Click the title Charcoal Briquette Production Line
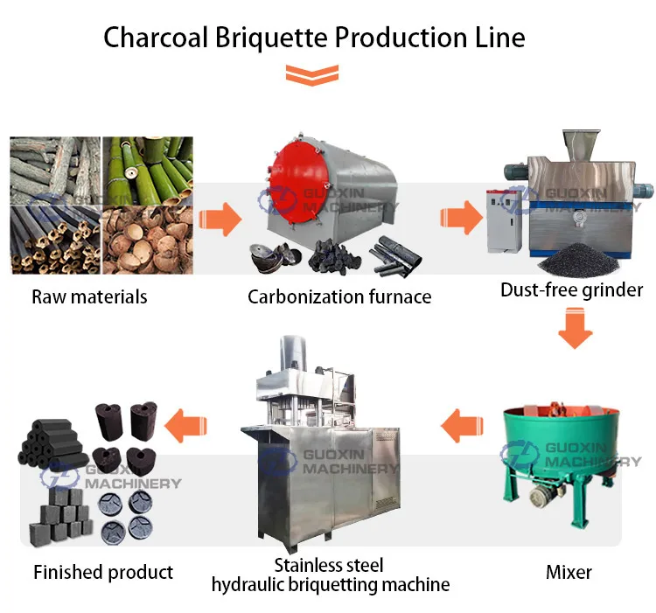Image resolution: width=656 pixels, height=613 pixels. (x=315, y=38)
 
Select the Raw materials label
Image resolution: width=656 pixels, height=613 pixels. (x=89, y=296)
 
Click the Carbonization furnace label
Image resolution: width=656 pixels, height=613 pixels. (x=339, y=296)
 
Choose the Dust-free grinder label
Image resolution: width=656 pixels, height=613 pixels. (x=571, y=289)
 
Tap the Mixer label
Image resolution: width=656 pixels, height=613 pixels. (x=569, y=573)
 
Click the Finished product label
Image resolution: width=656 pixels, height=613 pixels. (x=103, y=573)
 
